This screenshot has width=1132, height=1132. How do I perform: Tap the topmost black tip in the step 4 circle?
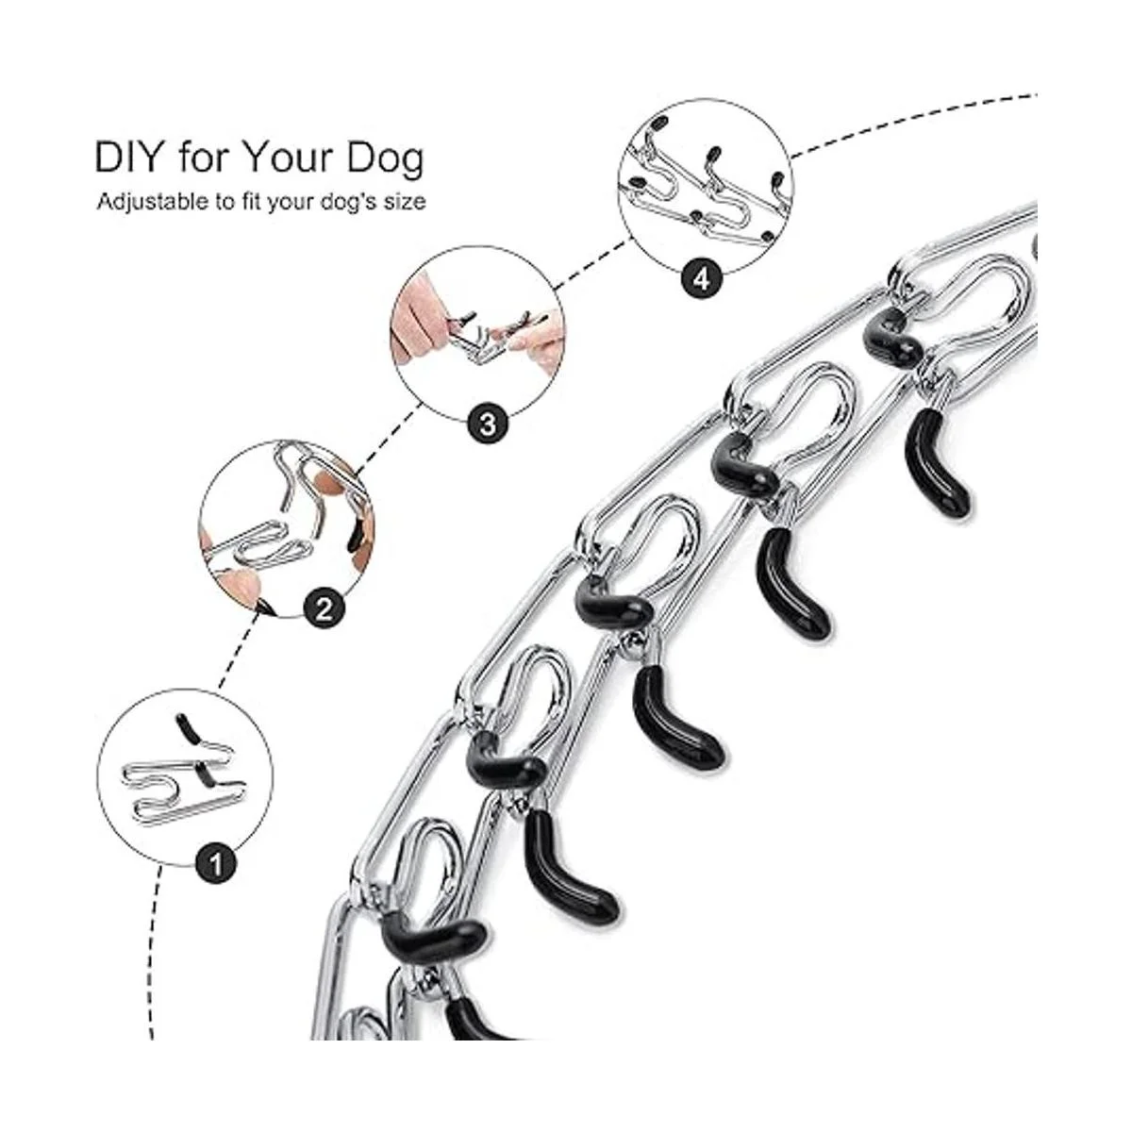pos(660,123)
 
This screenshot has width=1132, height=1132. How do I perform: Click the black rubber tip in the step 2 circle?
pos(354,537)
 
